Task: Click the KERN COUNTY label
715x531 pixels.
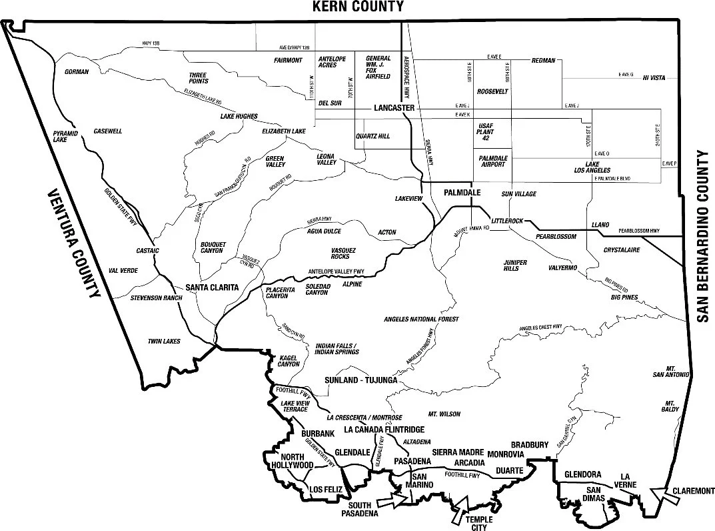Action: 358,7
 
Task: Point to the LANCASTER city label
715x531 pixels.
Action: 394,108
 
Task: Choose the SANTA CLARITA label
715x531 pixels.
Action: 212,287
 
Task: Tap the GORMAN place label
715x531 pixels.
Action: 77,71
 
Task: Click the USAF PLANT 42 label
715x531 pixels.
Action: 490,132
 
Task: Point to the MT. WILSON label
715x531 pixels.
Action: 444,414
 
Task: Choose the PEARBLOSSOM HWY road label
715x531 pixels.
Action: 638,231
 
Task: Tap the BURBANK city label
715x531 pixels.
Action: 317,434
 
